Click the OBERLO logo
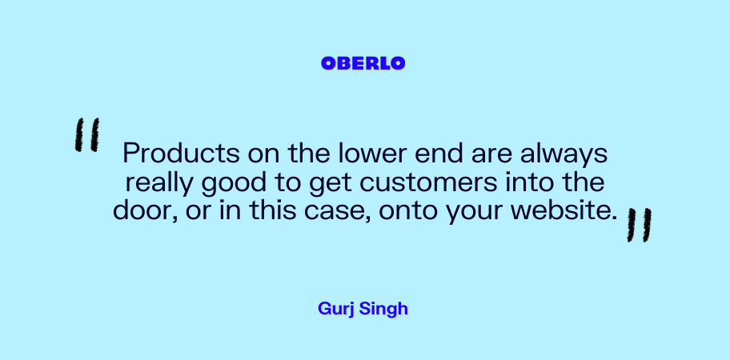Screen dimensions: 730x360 [x=363, y=63]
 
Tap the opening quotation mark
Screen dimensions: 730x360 [x=87, y=134]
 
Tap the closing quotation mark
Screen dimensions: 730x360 [x=640, y=225]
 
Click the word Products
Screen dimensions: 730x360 [x=181, y=153]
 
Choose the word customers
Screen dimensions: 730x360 [x=429, y=182]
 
